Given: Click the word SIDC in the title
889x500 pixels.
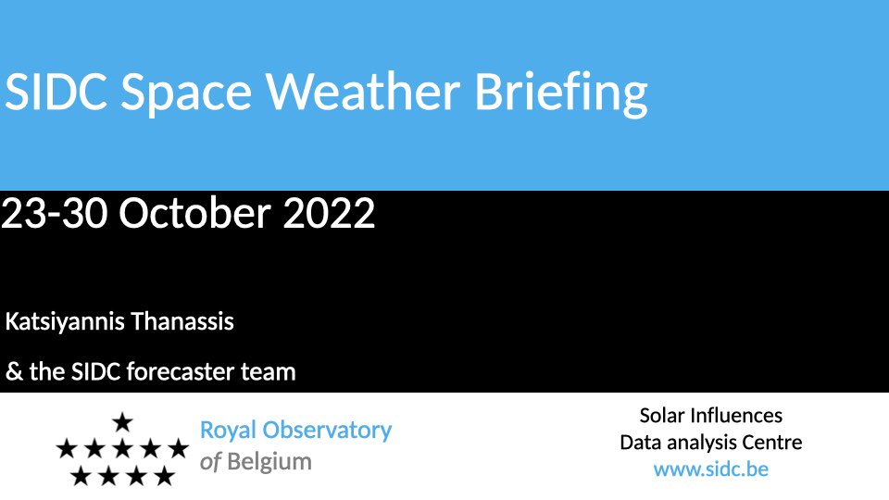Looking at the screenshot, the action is point(56,92).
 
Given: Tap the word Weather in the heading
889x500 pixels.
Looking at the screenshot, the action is point(363,91).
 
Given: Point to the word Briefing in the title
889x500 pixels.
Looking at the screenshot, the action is point(561,94).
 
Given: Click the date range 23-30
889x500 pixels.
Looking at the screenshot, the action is point(55,214).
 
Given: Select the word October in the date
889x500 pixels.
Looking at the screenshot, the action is point(194,213).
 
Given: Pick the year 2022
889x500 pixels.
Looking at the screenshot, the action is point(329,214).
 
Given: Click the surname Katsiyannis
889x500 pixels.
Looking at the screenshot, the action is point(65,322).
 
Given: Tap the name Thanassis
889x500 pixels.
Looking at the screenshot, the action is point(182,321).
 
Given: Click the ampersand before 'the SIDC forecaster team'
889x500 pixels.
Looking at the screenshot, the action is point(14,372).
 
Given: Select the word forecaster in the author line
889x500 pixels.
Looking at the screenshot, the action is point(180,372).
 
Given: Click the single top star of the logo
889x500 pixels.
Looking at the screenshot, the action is point(122,422).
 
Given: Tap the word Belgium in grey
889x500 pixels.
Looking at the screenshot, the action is point(269,462).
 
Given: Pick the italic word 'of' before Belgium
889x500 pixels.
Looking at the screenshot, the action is point(210,461).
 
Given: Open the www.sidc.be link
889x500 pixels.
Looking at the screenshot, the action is point(711,469).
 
